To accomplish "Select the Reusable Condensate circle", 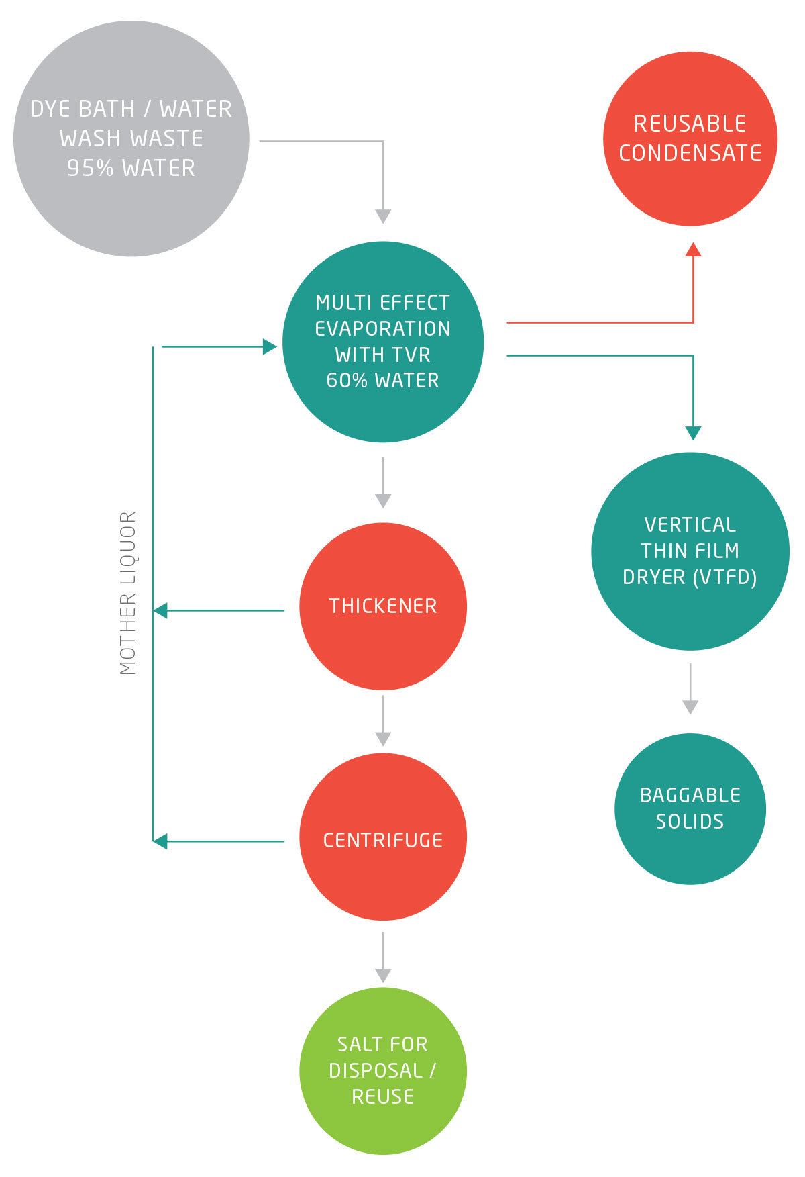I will click(x=690, y=138).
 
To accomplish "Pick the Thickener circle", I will click(x=383, y=606).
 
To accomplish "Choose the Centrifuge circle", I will click(x=383, y=837).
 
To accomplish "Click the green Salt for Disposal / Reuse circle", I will click(x=383, y=1070).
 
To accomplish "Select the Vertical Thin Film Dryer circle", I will click(x=690, y=551).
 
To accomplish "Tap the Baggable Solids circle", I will click(x=690, y=808).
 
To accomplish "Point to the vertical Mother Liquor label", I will click(x=128, y=594).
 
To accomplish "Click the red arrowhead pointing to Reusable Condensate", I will click(x=693, y=250).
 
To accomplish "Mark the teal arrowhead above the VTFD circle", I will click(x=693, y=432).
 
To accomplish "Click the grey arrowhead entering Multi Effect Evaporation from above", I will click(x=383, y=216).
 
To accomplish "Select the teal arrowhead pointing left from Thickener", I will click(x=160, y=610).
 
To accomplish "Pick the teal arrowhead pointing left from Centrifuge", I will click(x=160, y=841).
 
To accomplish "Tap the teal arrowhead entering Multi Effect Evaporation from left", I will click(x=270, y=346).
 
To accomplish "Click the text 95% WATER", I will click(x=131, y=168).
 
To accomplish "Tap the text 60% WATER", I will click(x=383, y=381).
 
